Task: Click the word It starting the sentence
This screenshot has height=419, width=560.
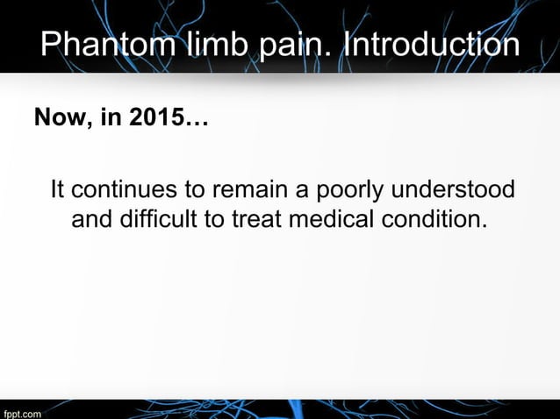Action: (x=58, y=190)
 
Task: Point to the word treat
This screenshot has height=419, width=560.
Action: (x=253, y=217)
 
